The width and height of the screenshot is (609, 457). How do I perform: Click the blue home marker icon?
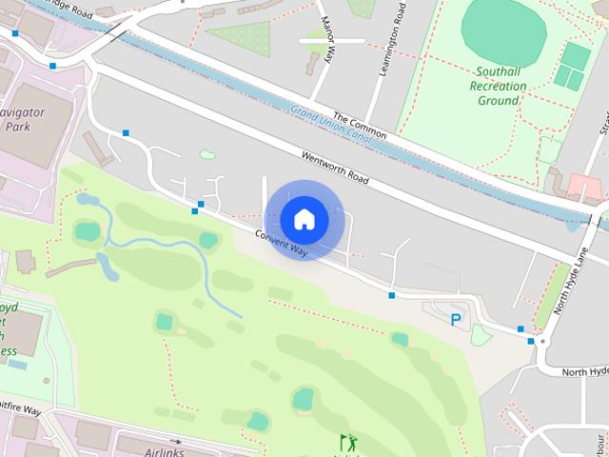pos(304,219)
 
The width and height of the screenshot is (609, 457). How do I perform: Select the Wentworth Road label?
pos(334,167)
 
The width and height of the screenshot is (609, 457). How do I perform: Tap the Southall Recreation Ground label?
pos(498,86)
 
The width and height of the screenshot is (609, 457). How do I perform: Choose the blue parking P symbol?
pos(456,320)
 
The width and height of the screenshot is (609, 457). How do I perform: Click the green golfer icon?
pos(348,442)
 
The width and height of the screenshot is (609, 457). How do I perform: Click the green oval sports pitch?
pos(503,32)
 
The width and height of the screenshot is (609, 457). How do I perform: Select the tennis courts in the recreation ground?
pos(572,66)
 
